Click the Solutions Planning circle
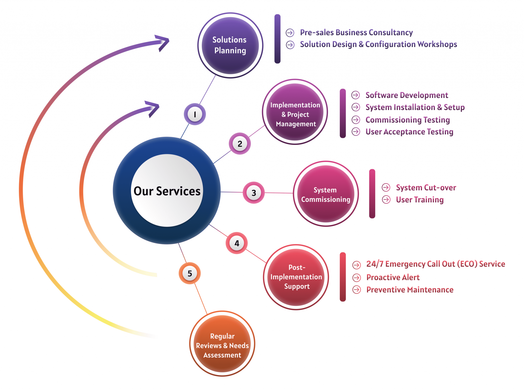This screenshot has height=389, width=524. [230, 45]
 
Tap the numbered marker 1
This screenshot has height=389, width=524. [195, 114]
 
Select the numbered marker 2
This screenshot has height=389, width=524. [240, 144]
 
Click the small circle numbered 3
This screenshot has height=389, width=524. [254, 193]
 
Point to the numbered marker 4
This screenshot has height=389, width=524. [237, 243]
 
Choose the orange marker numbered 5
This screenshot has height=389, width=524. [190, 273]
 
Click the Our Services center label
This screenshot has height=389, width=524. [167, 191]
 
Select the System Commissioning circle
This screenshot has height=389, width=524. [325, 194]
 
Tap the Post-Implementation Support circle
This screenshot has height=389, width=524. [296, 277]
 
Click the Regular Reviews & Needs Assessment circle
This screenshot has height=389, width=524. [222, 344]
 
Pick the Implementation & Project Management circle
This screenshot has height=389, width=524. [295, 112]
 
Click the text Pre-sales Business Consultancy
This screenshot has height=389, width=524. [356, 33]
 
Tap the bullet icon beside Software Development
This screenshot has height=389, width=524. [355, 95]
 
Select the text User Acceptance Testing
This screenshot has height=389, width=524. [409, 132]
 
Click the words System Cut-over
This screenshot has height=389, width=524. [426, 188]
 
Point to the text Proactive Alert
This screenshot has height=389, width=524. [393, 277]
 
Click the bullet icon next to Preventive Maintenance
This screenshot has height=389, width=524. [356, 290]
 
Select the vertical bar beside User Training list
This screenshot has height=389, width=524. [372, 193]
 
